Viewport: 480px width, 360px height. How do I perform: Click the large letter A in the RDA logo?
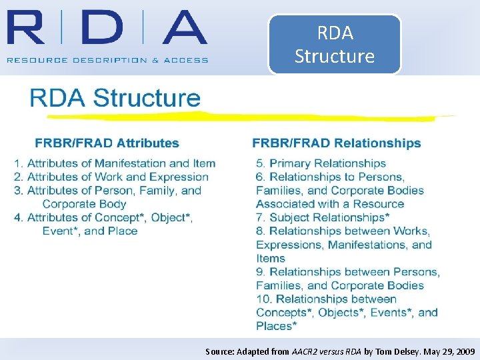tap(176, 27)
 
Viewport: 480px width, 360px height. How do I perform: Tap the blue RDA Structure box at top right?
tap(335, 44)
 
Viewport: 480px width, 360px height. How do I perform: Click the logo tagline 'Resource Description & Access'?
tap(107, 60)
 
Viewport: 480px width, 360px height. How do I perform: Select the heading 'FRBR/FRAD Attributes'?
tap(107, 143)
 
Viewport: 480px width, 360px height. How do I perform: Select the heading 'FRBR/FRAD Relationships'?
tap(337, 143)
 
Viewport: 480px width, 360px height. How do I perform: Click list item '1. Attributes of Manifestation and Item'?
tap(115, 163)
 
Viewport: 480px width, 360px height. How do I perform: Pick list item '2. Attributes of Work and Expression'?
tap(111, 177)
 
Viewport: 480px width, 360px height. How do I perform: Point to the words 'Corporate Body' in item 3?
tap(84, 204)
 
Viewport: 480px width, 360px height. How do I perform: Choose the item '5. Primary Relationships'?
tap(321, 163)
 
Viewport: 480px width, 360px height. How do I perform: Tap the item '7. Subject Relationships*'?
tap(323, 217)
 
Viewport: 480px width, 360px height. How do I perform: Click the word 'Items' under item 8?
tap(271, 259)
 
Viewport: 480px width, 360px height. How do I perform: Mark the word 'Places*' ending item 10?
tap(276, 326)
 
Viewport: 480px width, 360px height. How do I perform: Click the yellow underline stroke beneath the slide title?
tap(240, 117)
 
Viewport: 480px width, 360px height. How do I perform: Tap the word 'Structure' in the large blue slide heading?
tap(146, 98)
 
